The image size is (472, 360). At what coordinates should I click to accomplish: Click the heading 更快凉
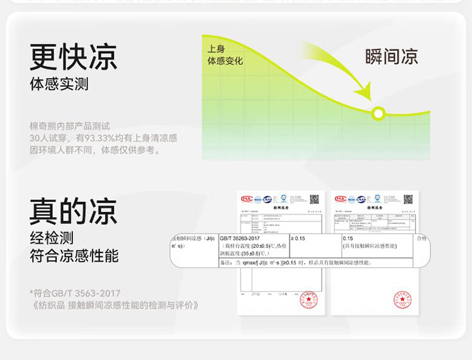(73, 57)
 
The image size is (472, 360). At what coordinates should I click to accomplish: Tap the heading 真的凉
(73, 211)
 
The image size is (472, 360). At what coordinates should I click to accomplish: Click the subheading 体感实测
(59, 84)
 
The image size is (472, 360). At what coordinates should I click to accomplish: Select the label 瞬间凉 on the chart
(391, 57)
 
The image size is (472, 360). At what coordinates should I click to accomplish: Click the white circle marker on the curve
(378, 113)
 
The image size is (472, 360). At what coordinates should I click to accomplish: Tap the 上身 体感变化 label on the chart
(225, 55)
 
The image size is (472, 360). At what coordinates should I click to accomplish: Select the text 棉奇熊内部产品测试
(69, 126)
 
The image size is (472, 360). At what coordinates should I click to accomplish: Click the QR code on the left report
(314, 199)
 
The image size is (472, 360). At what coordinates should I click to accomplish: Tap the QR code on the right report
(408, 199)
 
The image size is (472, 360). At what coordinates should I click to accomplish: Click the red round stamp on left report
(308, 300)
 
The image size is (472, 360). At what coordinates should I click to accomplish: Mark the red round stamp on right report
(402, 300)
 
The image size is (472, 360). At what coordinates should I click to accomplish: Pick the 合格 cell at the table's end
(421, 239)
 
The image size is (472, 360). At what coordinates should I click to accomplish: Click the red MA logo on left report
(247, 199)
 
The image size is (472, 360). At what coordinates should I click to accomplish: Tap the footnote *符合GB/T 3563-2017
(75, 293)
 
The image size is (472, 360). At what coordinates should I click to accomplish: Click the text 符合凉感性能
(74, 256)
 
